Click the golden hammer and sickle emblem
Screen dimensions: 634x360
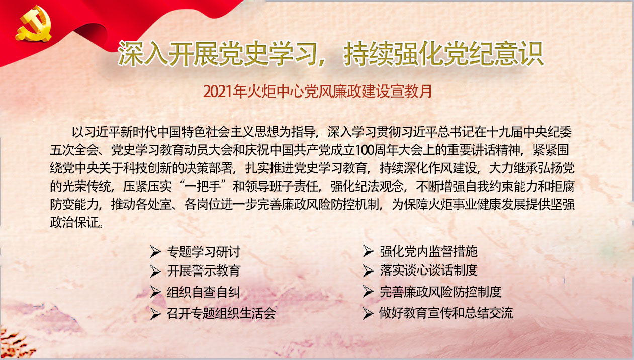(33, 24)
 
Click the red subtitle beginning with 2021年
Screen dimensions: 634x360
(318, 92)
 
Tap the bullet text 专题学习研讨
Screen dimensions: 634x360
(204, 251)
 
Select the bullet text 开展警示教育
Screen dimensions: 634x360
(204, 271)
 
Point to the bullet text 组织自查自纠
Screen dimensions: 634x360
(204, 292)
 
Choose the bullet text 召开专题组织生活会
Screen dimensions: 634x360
(221, 313)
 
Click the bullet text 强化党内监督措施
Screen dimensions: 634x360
(429, 251)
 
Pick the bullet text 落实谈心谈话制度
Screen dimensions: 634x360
(429, 271)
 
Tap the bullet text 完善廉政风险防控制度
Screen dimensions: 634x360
(441, 292)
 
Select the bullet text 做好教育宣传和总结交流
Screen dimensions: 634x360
(446, 313)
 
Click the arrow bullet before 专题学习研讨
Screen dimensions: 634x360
(155, 251)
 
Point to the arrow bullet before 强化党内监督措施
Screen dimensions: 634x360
(368, 251)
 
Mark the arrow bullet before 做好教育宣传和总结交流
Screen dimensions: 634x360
(368, 313)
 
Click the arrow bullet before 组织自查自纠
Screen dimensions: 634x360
(155, 292)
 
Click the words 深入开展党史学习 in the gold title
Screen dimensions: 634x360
(217, 54)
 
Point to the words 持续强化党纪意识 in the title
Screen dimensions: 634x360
(443, 54)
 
